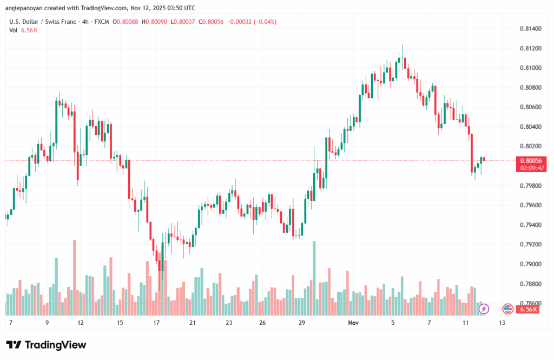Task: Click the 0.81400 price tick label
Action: [x=530, y=29]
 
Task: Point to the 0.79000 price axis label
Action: [x=530, y=264]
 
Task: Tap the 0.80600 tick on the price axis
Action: [x=530, y=107]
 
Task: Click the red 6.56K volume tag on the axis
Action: [x=528, y=309]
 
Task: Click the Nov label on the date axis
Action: [x=353, y=323]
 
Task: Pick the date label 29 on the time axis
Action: [x=302, y=323]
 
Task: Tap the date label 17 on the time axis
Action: [x=156, y=323]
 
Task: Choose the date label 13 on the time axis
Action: [x=502, y=323]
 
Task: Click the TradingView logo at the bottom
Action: [x=47, y=345]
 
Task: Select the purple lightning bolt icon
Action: [x=484, y=309]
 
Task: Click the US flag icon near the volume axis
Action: [x=507, y=309]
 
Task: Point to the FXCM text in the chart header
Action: [x=100, y=22]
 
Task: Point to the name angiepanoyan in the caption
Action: [x=24, y=8]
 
